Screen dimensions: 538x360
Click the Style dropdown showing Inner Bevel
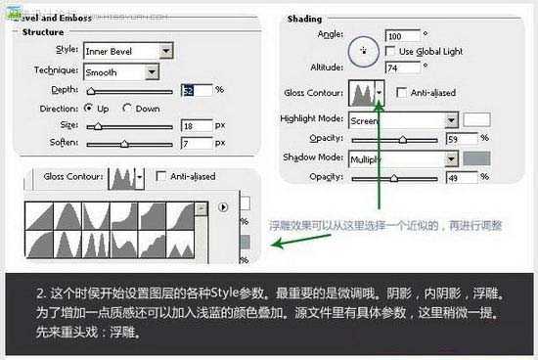point(127,51)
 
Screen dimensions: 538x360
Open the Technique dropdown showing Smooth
point(122,71)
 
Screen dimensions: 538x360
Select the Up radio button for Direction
point(89,108)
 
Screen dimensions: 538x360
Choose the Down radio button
point(128,108)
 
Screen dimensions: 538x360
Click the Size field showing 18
point(196,126)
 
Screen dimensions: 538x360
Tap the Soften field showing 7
point(196,144)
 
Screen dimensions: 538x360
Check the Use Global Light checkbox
point(391,51)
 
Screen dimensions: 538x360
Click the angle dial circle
point(364,49)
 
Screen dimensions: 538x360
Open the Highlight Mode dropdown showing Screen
point(403,120)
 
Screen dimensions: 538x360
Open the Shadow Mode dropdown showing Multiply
point(403,157)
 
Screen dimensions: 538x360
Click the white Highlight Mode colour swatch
point(476,120)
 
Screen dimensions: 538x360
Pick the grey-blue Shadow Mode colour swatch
point(476,157)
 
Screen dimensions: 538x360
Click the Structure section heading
point(43,32)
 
